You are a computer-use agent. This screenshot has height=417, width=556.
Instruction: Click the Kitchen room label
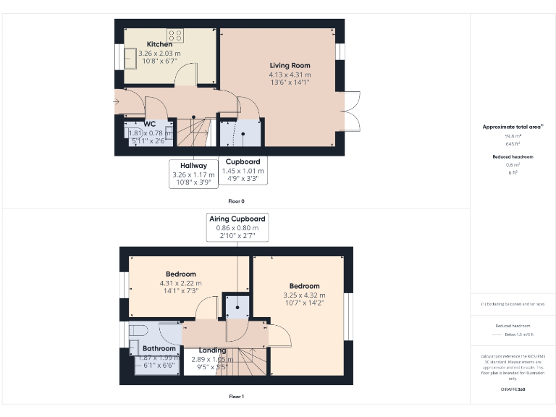159,44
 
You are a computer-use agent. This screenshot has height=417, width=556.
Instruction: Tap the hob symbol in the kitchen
175,33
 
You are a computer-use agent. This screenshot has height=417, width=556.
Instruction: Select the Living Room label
290,66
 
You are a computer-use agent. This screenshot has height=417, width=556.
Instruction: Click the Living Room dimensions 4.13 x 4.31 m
290,75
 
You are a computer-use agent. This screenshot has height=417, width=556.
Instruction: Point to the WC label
150,124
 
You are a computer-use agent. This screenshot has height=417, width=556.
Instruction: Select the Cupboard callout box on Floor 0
243,170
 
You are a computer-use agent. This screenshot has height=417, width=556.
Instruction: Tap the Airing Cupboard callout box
237,227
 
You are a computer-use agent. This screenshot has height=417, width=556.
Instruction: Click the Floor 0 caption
237,201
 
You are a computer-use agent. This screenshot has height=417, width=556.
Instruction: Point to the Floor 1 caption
237,396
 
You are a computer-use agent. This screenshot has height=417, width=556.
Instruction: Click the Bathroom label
153,349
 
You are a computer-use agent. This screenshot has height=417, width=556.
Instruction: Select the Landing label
213,350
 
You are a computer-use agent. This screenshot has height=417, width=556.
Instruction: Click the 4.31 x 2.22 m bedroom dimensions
182,283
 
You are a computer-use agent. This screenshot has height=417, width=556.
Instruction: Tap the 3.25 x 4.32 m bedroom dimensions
305,295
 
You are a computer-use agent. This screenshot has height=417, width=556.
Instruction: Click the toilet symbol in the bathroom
138,330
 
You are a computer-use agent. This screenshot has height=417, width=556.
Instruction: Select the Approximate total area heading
513,127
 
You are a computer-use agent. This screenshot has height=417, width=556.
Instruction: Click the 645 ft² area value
513,143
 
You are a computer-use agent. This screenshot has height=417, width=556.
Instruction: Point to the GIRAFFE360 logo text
513,389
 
